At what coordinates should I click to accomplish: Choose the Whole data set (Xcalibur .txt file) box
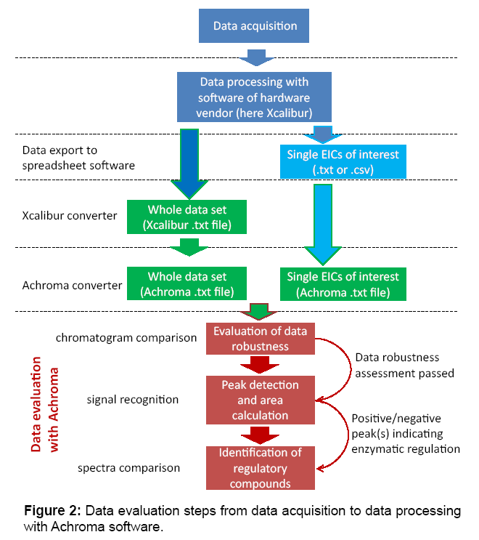click(x=187, y=217)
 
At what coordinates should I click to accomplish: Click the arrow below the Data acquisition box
click(x=255, y=56)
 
